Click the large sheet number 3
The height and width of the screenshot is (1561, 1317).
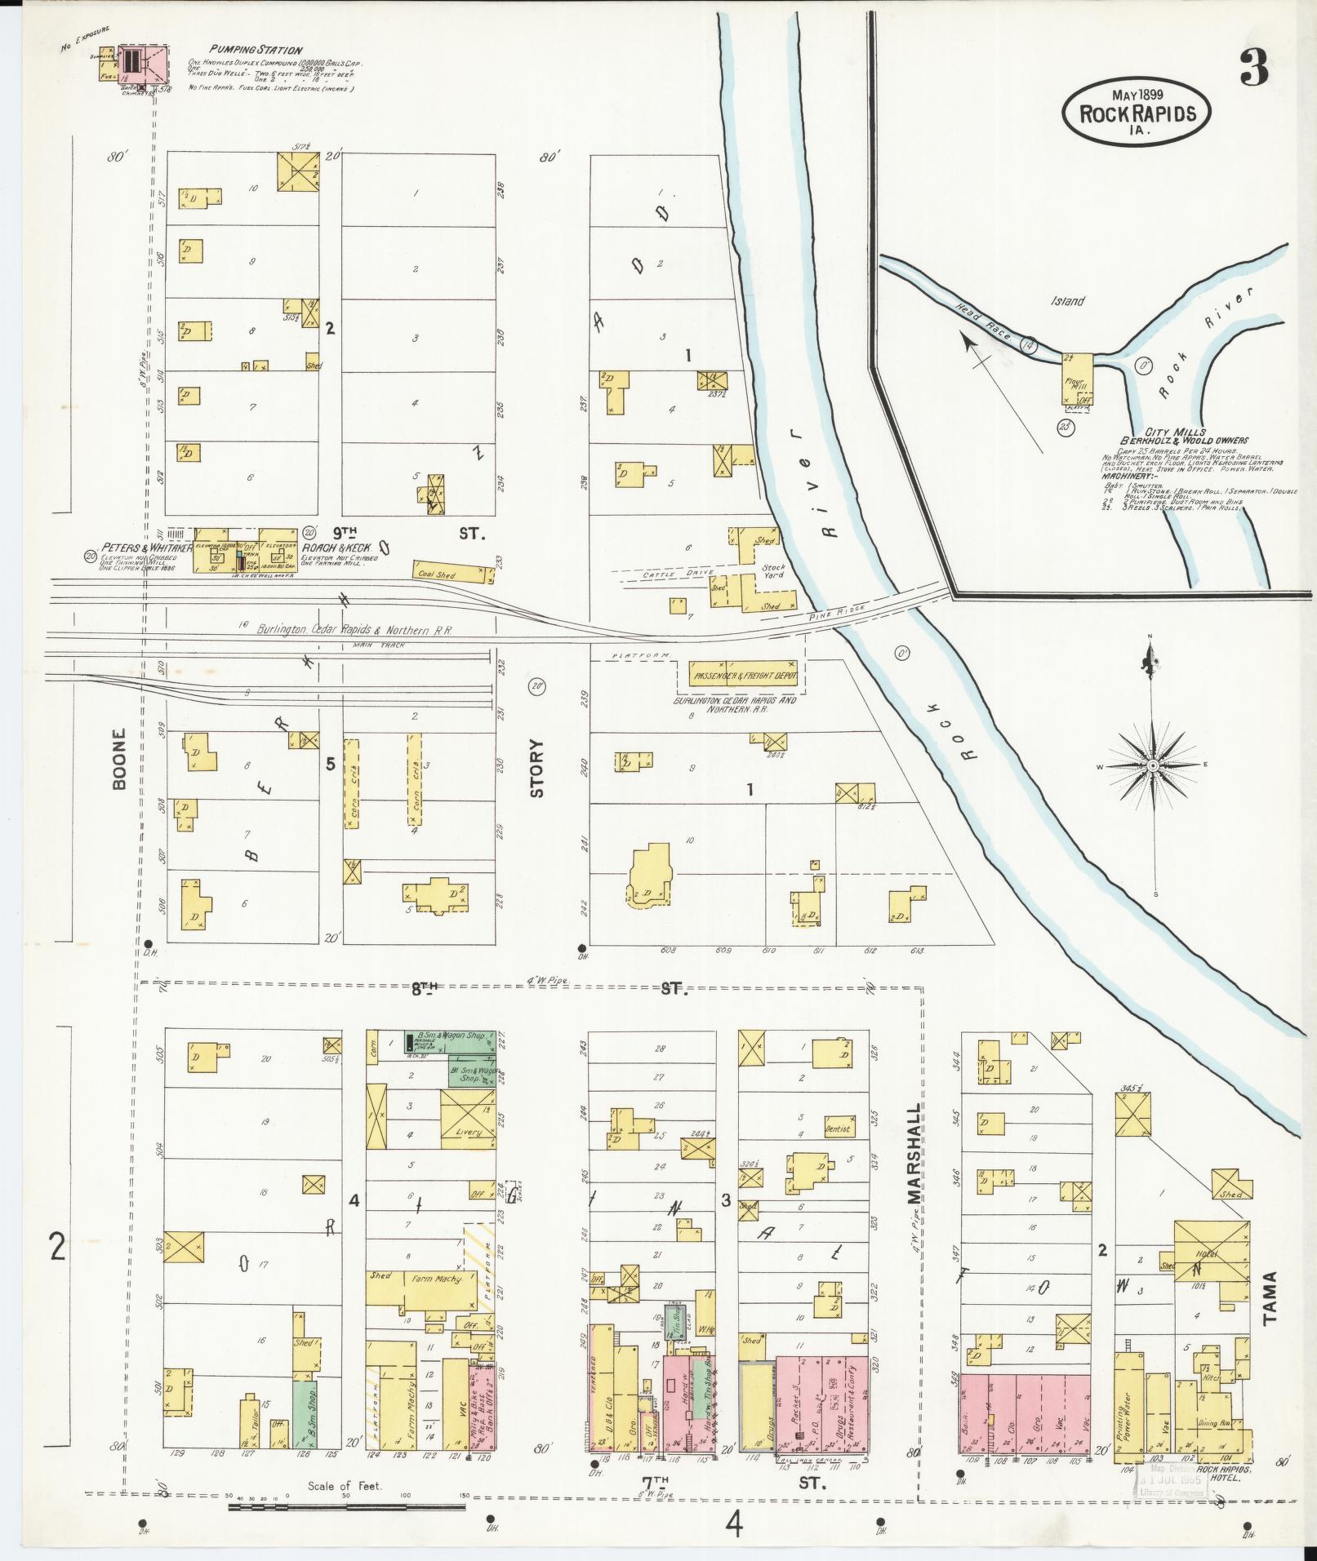pos(1252,68)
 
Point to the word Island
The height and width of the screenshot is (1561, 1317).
pos(1068,301)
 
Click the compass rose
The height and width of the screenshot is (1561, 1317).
pos(1152,765)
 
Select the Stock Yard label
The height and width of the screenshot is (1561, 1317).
pos(773,571)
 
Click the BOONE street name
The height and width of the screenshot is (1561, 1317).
pos(121,759)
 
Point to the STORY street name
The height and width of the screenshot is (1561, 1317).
pos(536,767)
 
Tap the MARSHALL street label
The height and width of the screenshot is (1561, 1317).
pos(914,1142)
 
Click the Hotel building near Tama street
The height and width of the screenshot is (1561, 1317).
pos(1209,1255)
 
